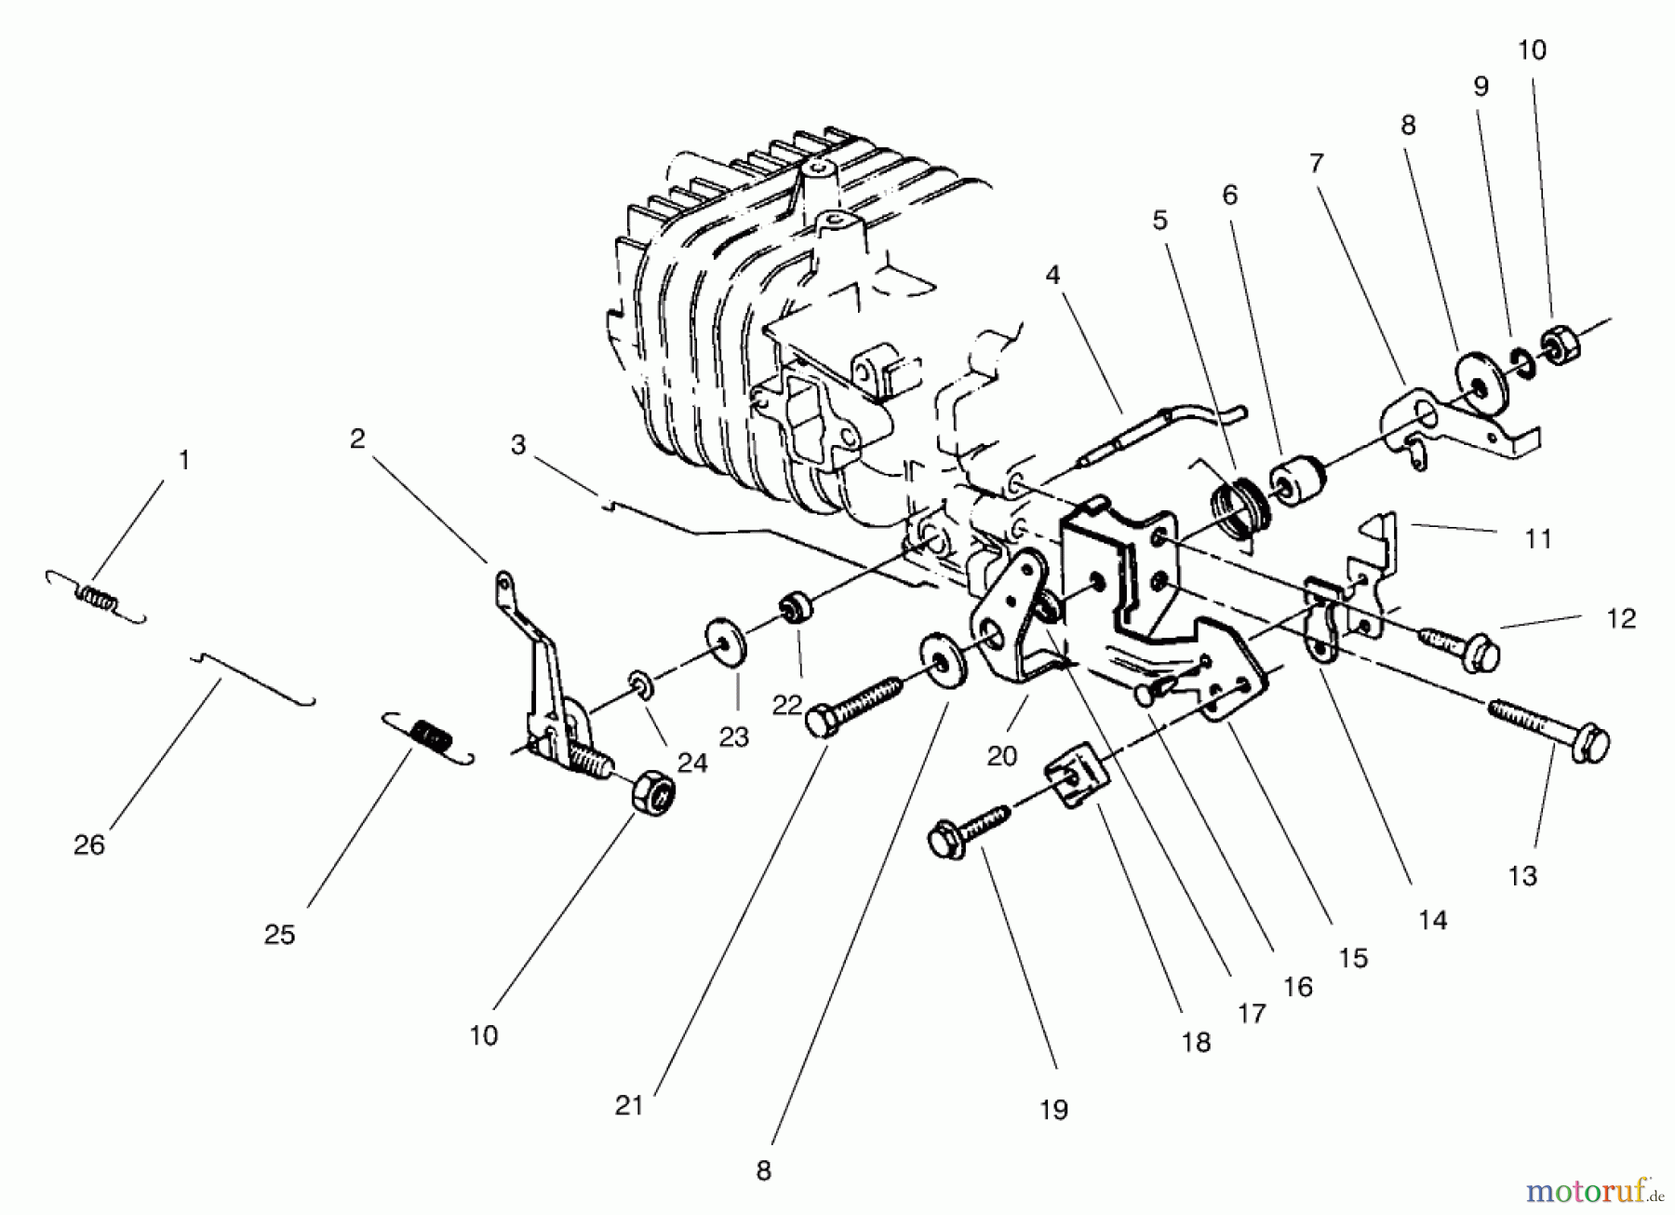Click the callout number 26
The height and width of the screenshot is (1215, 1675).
tap(89, 845)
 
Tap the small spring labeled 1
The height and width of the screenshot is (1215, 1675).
tap(96, 597)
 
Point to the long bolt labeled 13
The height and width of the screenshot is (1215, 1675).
tap(1548, 728)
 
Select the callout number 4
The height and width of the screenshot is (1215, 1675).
tap(1052, 276)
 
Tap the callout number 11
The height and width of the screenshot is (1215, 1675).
tap(1538, 539)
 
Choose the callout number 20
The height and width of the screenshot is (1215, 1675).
tap(1001, 756)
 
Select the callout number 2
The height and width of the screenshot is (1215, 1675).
tap(357, 439)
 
